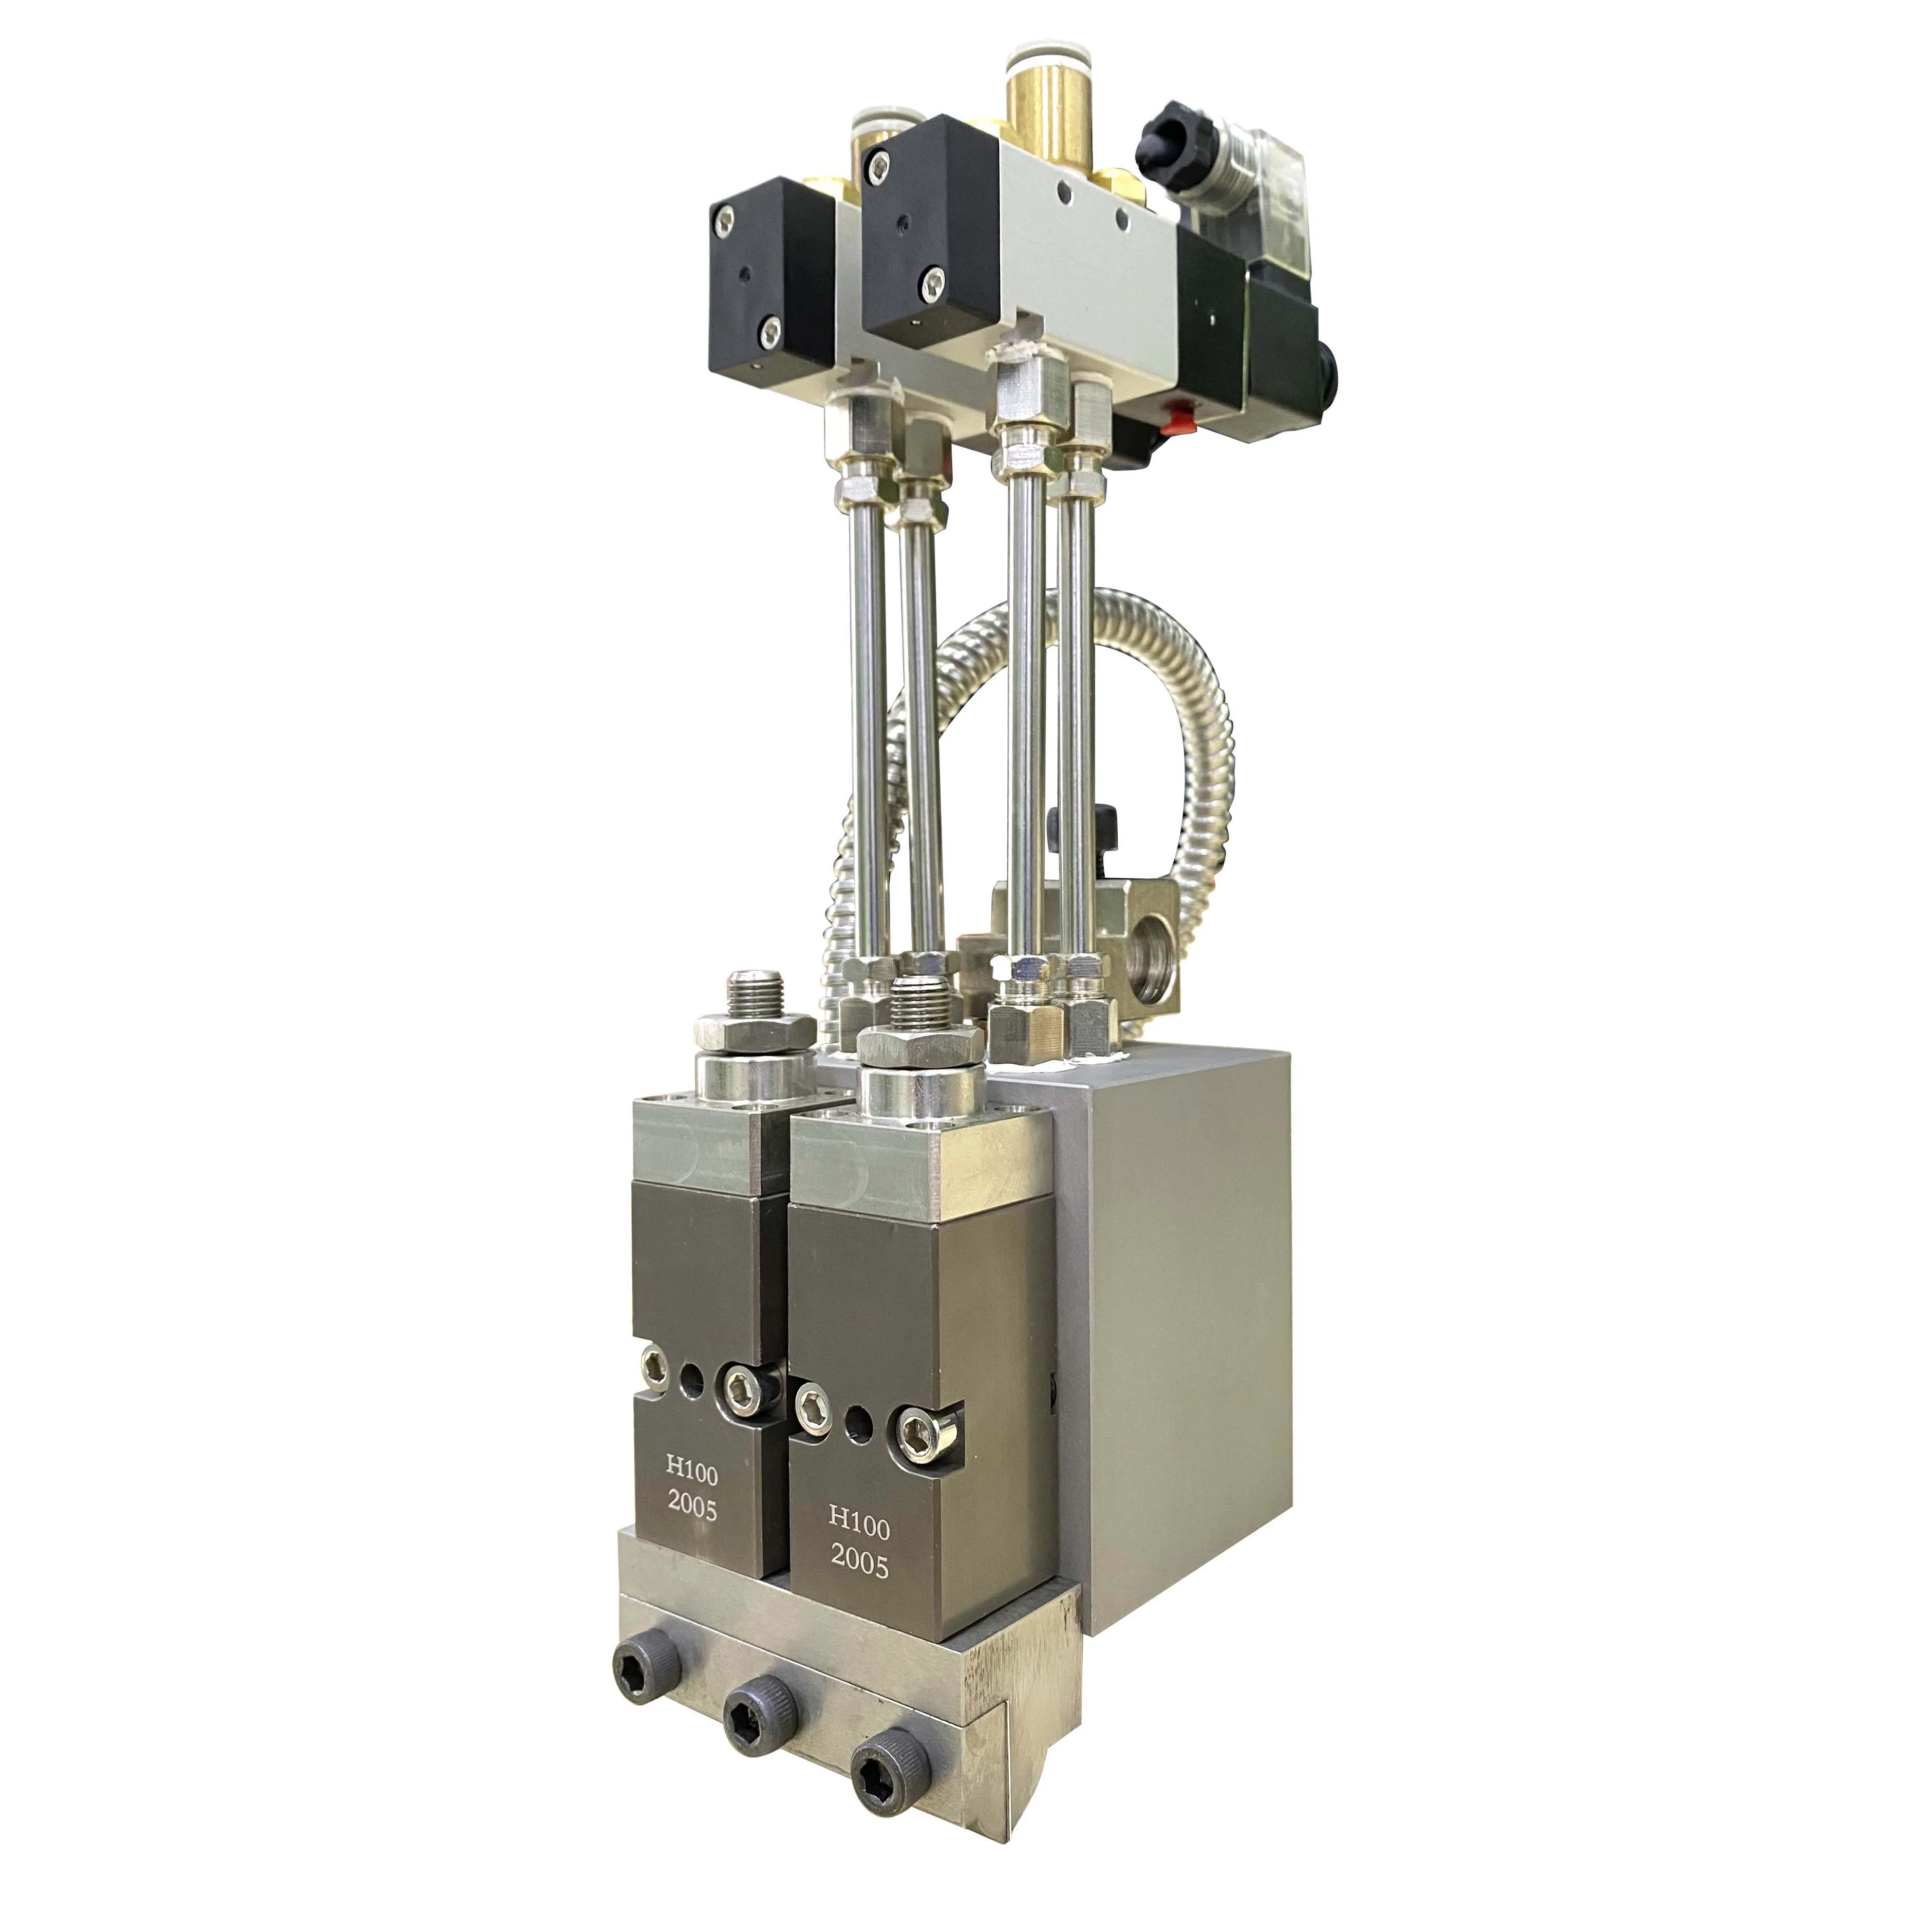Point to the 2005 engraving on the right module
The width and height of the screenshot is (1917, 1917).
[859, 1565]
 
